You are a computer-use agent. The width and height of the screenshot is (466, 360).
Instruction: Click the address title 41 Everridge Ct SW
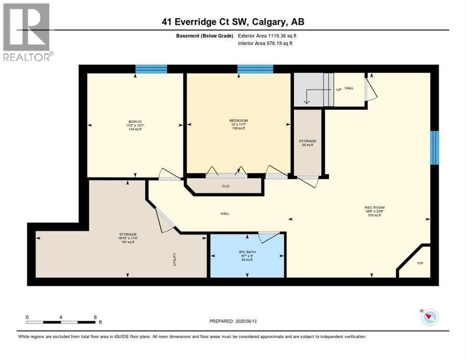[233, 22]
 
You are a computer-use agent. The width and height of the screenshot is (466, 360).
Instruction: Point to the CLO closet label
[225, 186]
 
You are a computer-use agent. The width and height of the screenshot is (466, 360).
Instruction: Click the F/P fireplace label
[420, 263]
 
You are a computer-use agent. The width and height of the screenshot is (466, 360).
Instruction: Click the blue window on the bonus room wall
[151, 69]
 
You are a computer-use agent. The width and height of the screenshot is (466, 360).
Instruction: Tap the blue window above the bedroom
[255, 69]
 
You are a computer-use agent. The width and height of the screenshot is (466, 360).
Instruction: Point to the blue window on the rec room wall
[435, 148]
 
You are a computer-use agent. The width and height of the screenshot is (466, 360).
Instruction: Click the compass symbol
[429, 317]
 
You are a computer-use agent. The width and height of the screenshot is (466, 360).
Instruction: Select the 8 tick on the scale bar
[96, 317]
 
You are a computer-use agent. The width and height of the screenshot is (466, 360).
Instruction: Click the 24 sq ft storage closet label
[308, 143]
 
